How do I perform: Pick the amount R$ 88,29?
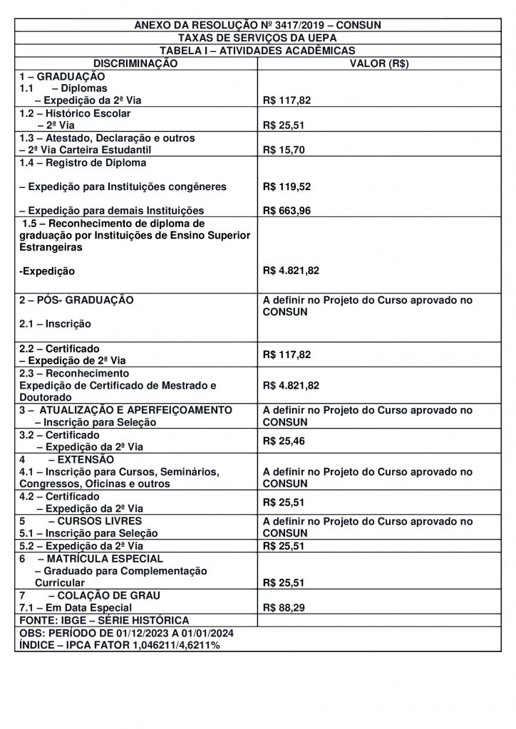tap(284, 608)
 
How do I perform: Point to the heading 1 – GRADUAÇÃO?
tap(62, 76)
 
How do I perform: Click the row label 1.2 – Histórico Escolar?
tap(75, 113)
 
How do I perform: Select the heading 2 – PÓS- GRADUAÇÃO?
tap(76, 300)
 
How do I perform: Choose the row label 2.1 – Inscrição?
tap(55, 324)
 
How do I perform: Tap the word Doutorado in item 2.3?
tap(46, 397)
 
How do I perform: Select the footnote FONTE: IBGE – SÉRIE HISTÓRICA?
tap(104, 621)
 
